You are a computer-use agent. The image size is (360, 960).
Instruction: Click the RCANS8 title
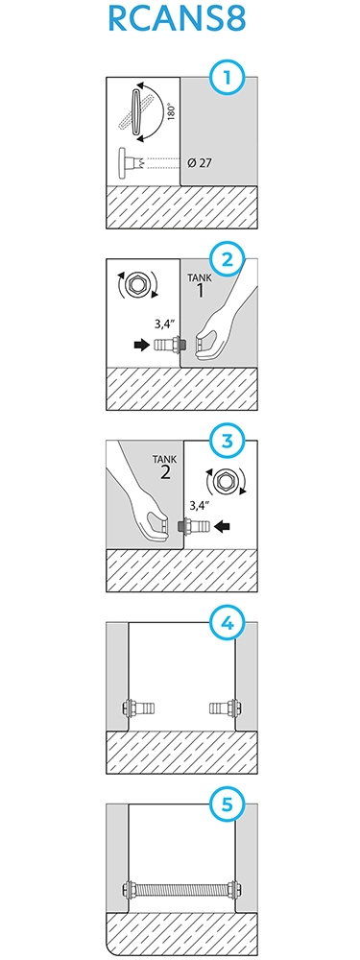[177, 18]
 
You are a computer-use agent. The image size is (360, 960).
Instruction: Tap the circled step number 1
[228, 79]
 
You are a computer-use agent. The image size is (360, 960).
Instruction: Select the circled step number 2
[228, 260]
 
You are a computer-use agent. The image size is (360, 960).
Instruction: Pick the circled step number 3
[228, 442]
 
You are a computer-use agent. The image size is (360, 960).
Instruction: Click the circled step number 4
[228, 624]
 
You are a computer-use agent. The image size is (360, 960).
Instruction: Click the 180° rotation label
[172, 112]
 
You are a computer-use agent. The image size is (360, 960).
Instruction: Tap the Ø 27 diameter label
[201, 163]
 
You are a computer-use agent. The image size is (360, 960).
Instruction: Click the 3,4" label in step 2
[166, 327]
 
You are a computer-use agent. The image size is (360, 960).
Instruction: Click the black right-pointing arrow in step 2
[141, 346]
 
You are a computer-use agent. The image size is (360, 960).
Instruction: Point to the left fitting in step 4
[137, 708]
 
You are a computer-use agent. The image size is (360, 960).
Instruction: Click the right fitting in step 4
[224, 708]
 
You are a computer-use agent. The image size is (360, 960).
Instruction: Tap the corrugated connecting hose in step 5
[180, 890]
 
